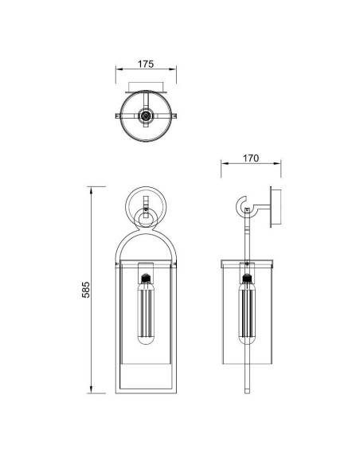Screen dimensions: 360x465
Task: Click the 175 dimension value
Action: (x=146, y=64)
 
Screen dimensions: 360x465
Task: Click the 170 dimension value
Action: (x=251, y=158)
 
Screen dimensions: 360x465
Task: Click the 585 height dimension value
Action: (x=86, y=290)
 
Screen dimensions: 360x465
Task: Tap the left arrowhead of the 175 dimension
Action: (x=119, y=69)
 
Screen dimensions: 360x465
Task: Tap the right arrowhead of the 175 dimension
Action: (x=173, y=69)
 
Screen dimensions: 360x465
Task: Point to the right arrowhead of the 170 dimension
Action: (x=277, y=163)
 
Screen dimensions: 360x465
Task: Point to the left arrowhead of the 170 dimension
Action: (x=225, y=163)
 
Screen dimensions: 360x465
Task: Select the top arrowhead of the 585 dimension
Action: (x=91, y=190)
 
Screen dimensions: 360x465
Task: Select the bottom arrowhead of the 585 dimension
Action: (x=91, y=389)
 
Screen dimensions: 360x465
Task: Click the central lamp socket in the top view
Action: (x=146, y=115)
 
